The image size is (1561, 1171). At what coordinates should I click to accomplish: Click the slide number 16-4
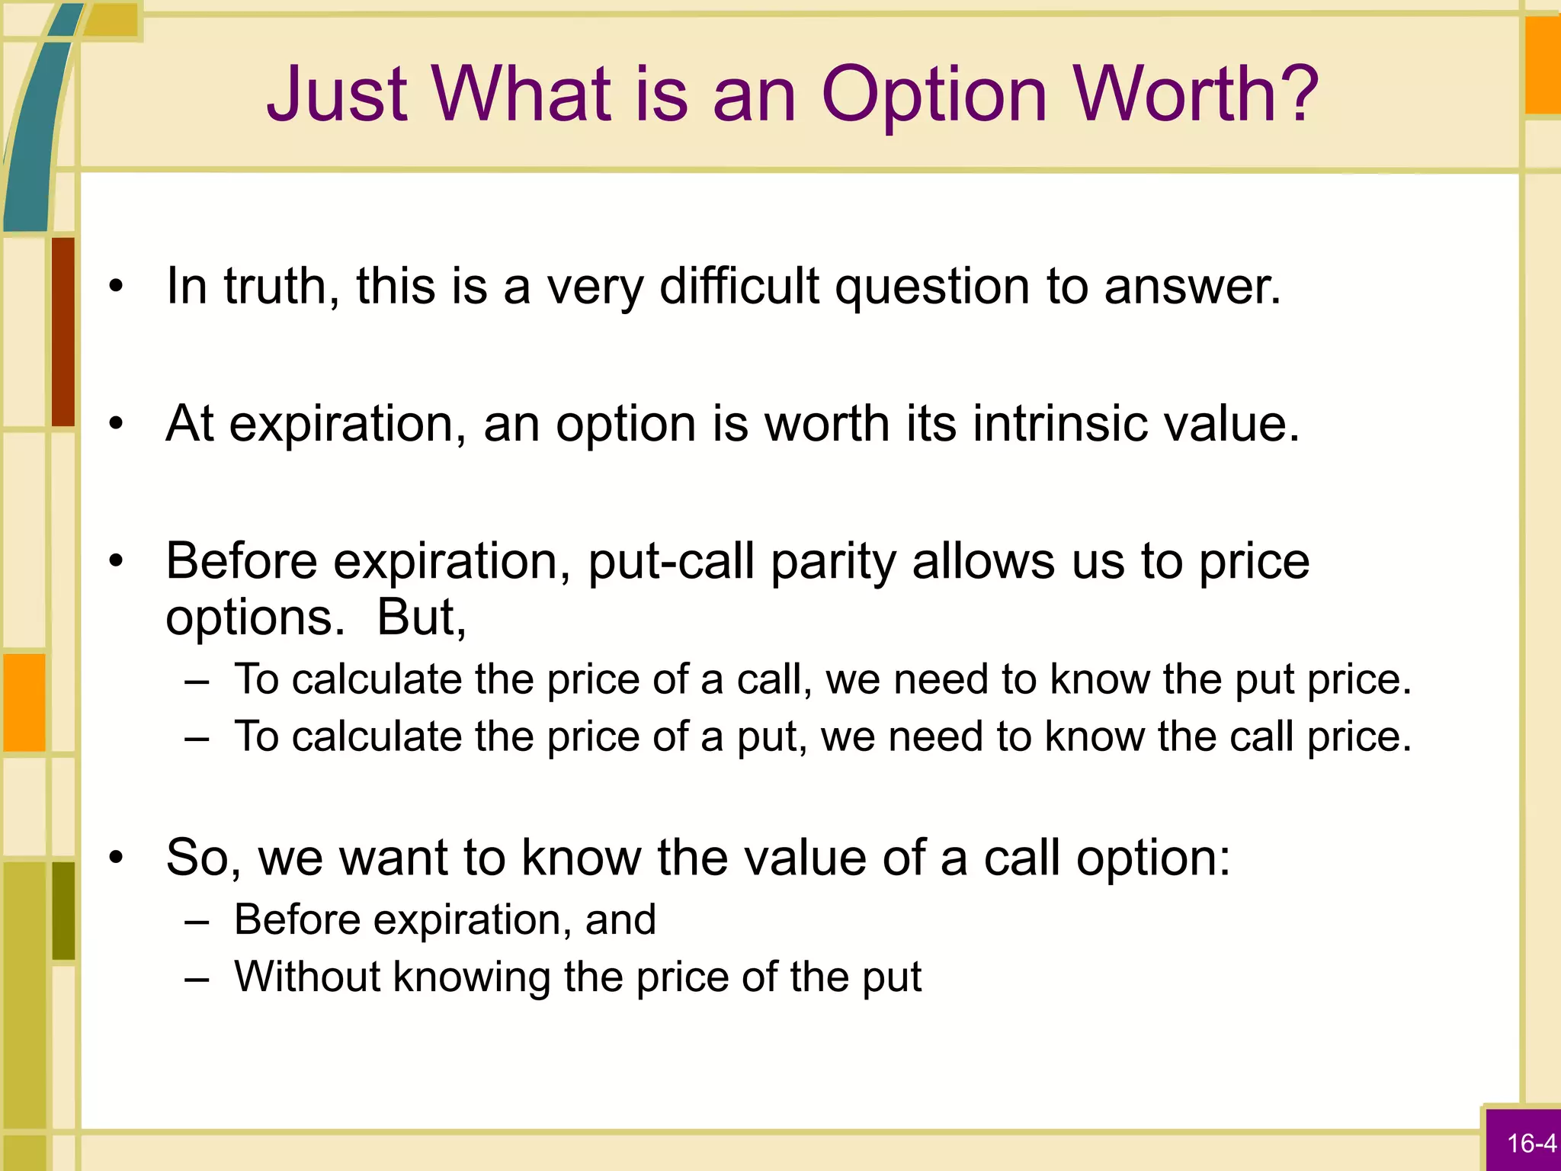pyautogui.click(x=1531, y=1144)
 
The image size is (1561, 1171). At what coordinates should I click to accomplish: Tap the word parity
pyautogui.click(x=833, y=562)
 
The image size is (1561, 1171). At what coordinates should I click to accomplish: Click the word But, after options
pyautogui.click(x=422, y=618)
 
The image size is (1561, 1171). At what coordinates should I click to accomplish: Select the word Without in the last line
pyautogui.click(x=306, y=977)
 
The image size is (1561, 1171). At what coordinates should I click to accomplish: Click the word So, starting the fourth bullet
pyautogui.click(x=204, y=858)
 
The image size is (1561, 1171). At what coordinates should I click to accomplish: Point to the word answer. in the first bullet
pyautogui.click(x=1192, y=287)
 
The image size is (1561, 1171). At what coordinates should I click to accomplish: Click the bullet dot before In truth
pyautogui.click(x=116, y=287)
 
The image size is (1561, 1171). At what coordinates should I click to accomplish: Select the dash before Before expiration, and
pyautogui.click(x=197, y=921)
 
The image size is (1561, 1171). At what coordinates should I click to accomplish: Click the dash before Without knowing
pyautogui.click(x=197, y=978)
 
